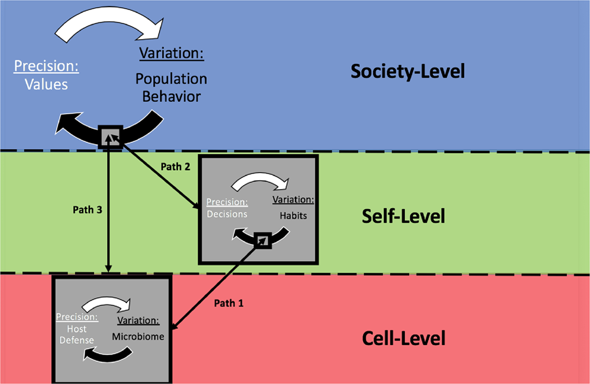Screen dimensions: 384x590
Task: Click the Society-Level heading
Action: point(408,71)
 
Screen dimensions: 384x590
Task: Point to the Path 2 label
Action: point(176,167)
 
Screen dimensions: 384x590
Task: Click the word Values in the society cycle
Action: point(46,84)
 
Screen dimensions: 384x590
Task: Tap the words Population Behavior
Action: point(171,87)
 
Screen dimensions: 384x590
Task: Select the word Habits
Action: point(294,216)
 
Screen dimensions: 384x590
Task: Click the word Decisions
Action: point(227,214)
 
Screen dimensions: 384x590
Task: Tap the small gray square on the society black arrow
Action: point(111,136)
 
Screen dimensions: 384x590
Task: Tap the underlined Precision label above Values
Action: point(46,66)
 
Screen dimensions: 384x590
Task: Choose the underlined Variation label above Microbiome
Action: point(138,321)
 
